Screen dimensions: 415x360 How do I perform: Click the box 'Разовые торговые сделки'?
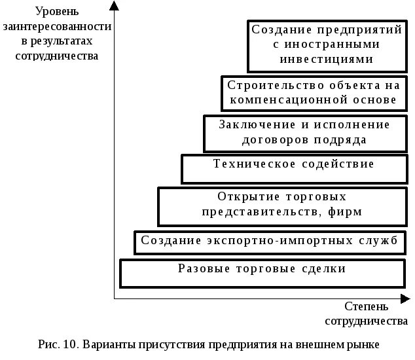pyautogui.click(x=262, y=272)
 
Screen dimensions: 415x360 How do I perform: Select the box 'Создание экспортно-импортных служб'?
pyautogui.click(x=269, y=242)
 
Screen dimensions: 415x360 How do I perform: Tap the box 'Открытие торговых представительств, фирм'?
pyautogui.click(x=281, y=205)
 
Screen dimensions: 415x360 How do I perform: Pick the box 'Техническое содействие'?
pyautogui.click(x=294, y=168)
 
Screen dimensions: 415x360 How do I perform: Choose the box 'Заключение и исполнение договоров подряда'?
pyautogui.click(x=304, y=133)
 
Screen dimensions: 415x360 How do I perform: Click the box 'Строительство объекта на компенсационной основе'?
pyautogui.click(x=311, y=92)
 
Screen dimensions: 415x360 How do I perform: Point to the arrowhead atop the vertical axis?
pyautogui.click(x=114, y=6)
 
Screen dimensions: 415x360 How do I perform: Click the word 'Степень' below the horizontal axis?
pyautogui.click(x=367, y=307)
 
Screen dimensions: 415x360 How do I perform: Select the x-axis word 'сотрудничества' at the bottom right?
pyautogui.click(x=367, y=321)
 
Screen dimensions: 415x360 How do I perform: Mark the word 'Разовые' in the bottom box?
pyautogui.click(x=200, y=268)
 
